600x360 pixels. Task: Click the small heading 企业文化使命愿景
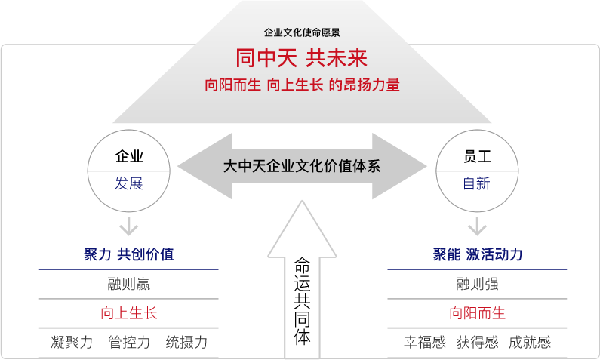[302, 33]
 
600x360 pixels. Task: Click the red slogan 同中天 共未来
[302, 59]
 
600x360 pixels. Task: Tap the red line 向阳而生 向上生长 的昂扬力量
[302, 85]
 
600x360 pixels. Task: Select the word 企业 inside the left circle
[129, 157]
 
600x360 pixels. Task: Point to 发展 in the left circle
[129, 183]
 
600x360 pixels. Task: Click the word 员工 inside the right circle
[477, 157]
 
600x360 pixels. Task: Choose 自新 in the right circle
[477, 183]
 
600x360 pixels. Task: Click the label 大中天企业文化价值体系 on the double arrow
[302, 167]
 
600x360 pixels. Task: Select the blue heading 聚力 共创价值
[129, 254]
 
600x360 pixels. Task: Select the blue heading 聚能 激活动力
[477, 254]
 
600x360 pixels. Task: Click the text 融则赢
[129, 285]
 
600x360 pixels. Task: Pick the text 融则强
[477, 285]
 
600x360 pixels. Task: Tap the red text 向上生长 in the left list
[129, 313]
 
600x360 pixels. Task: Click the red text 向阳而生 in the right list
[477, 313]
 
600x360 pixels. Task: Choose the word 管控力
[129, 343]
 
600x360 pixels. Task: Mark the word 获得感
[477, 343]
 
